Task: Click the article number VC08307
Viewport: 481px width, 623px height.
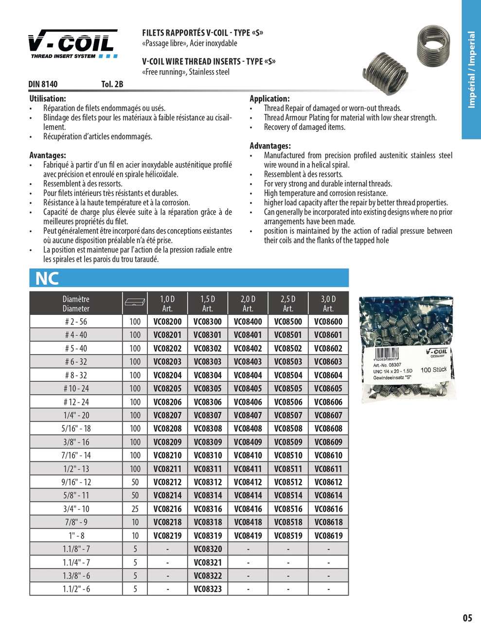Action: (x=208, y=415)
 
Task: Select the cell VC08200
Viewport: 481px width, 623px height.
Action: (x=167, y=322)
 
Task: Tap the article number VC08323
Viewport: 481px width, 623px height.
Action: (x=208, y=588)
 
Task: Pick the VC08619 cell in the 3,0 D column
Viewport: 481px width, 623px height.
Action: (x=328, y=535)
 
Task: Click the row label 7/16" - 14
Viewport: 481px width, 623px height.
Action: (x=76, y=455)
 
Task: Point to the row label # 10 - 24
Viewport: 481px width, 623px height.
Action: (x=76, y=388)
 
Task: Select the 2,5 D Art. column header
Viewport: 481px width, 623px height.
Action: (x=288, y=304)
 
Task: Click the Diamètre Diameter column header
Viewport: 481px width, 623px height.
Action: (x=76, y=304)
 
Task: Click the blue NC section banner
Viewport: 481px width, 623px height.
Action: (x=189, y=278)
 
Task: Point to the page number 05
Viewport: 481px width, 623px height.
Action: (x=467, y=618)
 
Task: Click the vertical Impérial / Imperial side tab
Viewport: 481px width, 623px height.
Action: (x=471, y=70)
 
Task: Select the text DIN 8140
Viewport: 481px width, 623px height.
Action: (x=43, y=84)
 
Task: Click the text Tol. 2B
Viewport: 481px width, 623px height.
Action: (x=112, y=84)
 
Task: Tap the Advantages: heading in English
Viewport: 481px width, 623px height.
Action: (x=270, y=146)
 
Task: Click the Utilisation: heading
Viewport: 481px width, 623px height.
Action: (x=48, y=99)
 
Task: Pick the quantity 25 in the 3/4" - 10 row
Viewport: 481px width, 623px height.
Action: (x=135, y=509)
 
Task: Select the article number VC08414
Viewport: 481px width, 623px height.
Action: (x=248, y=495)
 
